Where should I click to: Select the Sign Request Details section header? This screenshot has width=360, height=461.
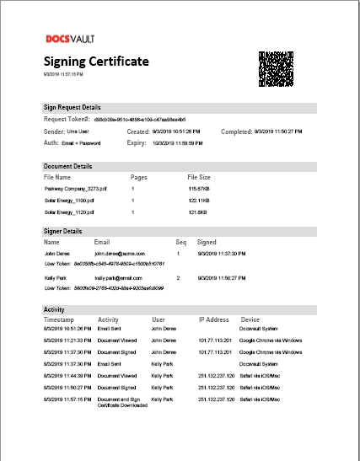73,108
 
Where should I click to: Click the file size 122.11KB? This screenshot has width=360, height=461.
199,201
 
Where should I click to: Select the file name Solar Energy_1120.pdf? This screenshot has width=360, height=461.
69,212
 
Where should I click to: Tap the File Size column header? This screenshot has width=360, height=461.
199,178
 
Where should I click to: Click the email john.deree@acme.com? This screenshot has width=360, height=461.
120,253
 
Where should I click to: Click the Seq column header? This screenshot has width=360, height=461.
180,242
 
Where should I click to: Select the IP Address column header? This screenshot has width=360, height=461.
214,319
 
